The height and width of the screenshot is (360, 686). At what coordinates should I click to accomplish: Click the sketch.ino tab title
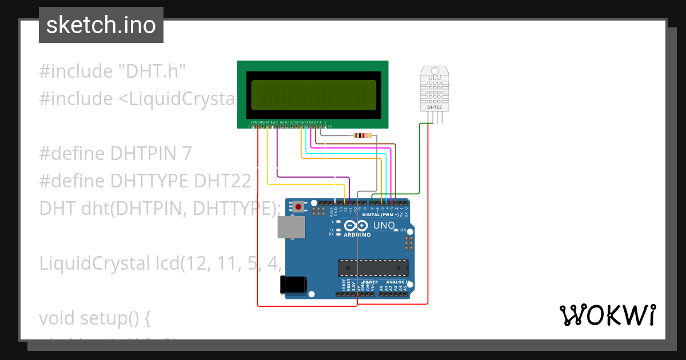pyautogui.click(x=101, y=25)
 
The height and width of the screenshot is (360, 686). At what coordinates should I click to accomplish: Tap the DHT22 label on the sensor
pyautogui.click(x=434, y=107)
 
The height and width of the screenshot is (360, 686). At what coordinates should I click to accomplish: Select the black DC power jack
pyautogui.click(x=293, y=285)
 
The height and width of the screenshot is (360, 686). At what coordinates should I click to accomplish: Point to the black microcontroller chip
pyautogui.click(x=373, y=268)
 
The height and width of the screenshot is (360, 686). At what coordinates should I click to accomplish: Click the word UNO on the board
pyautogui.click(x=384, y=226)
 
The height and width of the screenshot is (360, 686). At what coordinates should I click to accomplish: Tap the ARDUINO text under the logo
pyautogui.click(x=357, y=235)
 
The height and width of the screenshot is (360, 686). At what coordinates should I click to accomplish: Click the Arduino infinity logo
pyautogui.click(x=358, y=226)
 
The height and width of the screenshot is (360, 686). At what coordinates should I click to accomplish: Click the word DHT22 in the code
pyautogui.click(x=222, y=181)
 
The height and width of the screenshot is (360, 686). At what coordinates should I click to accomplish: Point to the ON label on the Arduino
pyautogui.click(x=402, y=230)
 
